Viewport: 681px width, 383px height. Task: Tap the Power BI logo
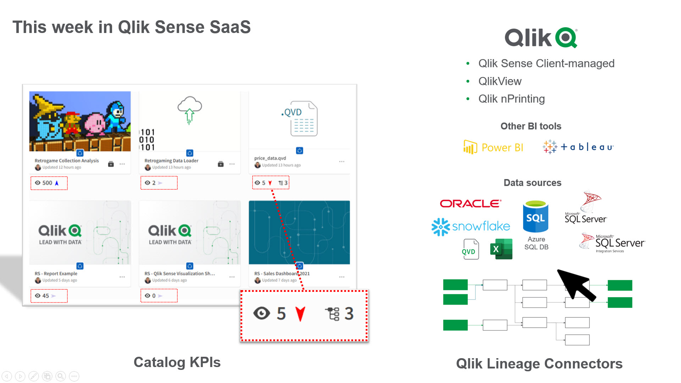[x=493, y=147]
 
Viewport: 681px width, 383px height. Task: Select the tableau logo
[x=578, y=146]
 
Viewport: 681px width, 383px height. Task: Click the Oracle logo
[x=470, y=204]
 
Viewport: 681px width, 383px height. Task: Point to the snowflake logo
[x=471, y=226]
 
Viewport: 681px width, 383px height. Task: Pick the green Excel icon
[x=501, y=249]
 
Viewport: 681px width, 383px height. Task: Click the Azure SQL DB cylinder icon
[x=536, y=217]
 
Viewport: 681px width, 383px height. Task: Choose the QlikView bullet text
[x=500, y=81]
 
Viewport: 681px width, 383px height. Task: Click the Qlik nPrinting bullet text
[x=511, y=99]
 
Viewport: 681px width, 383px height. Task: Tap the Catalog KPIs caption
[x=177, y=362]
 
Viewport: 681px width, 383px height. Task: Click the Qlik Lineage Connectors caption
[x=539, y=363]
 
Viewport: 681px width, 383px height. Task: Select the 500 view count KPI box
[x=49, y=183]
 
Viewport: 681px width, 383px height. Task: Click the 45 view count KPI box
[x=49, y=296]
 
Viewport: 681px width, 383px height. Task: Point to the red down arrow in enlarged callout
[x=300, y=314]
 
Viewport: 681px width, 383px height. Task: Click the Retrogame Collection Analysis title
[x=67, y=161]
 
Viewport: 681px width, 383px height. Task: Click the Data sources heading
[x=532, y=183]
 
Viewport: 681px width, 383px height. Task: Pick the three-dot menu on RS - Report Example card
[x=122, y=277]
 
